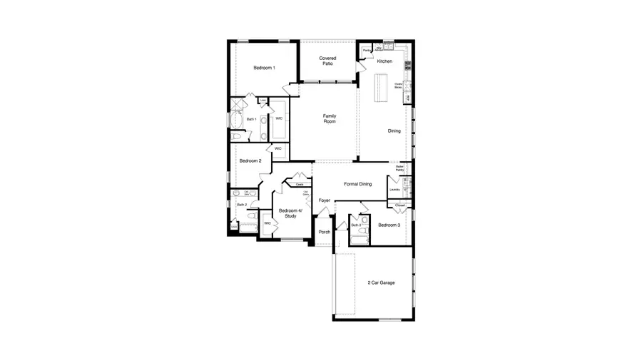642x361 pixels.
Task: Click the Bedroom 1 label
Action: pyautogui.click(x=264, y=68)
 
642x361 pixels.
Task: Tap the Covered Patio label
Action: pyautogui.click(x=327, y=61)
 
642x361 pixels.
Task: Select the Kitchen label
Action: pyautogui.click(x=384, y=61)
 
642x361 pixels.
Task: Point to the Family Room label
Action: pyautogui.click(x=329, y=118)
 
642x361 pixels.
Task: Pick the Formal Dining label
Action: pyautogui.click(x=357, y=184)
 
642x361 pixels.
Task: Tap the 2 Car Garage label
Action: pyautogui.click(x=380, y=283)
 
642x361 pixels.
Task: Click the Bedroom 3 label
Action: pyautogui.click(x=389, y=225)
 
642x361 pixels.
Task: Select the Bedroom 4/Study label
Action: pyautogui.click(x=290, y=213)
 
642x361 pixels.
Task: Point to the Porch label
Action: pyautogui.click(x=324, y=233)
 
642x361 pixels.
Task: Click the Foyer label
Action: pyautogui.click(x=325, y=200)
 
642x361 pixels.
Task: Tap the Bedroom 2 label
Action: pyautogui.click(x=250, y=161)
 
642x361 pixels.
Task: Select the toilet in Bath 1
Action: pyautogui.click(x=237, y=136)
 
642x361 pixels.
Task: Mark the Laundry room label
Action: pyautogui.click(x=394, y=190)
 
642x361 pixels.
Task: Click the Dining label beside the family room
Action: pyautogui.click(x=394, y=131)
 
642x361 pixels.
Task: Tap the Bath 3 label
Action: pyautogui.click(x=355, y=225)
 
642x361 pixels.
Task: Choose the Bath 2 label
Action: pyautogui.click(x=241, y=205)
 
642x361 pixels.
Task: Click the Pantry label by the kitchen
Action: pyautogui.click(x=366, y=51)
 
